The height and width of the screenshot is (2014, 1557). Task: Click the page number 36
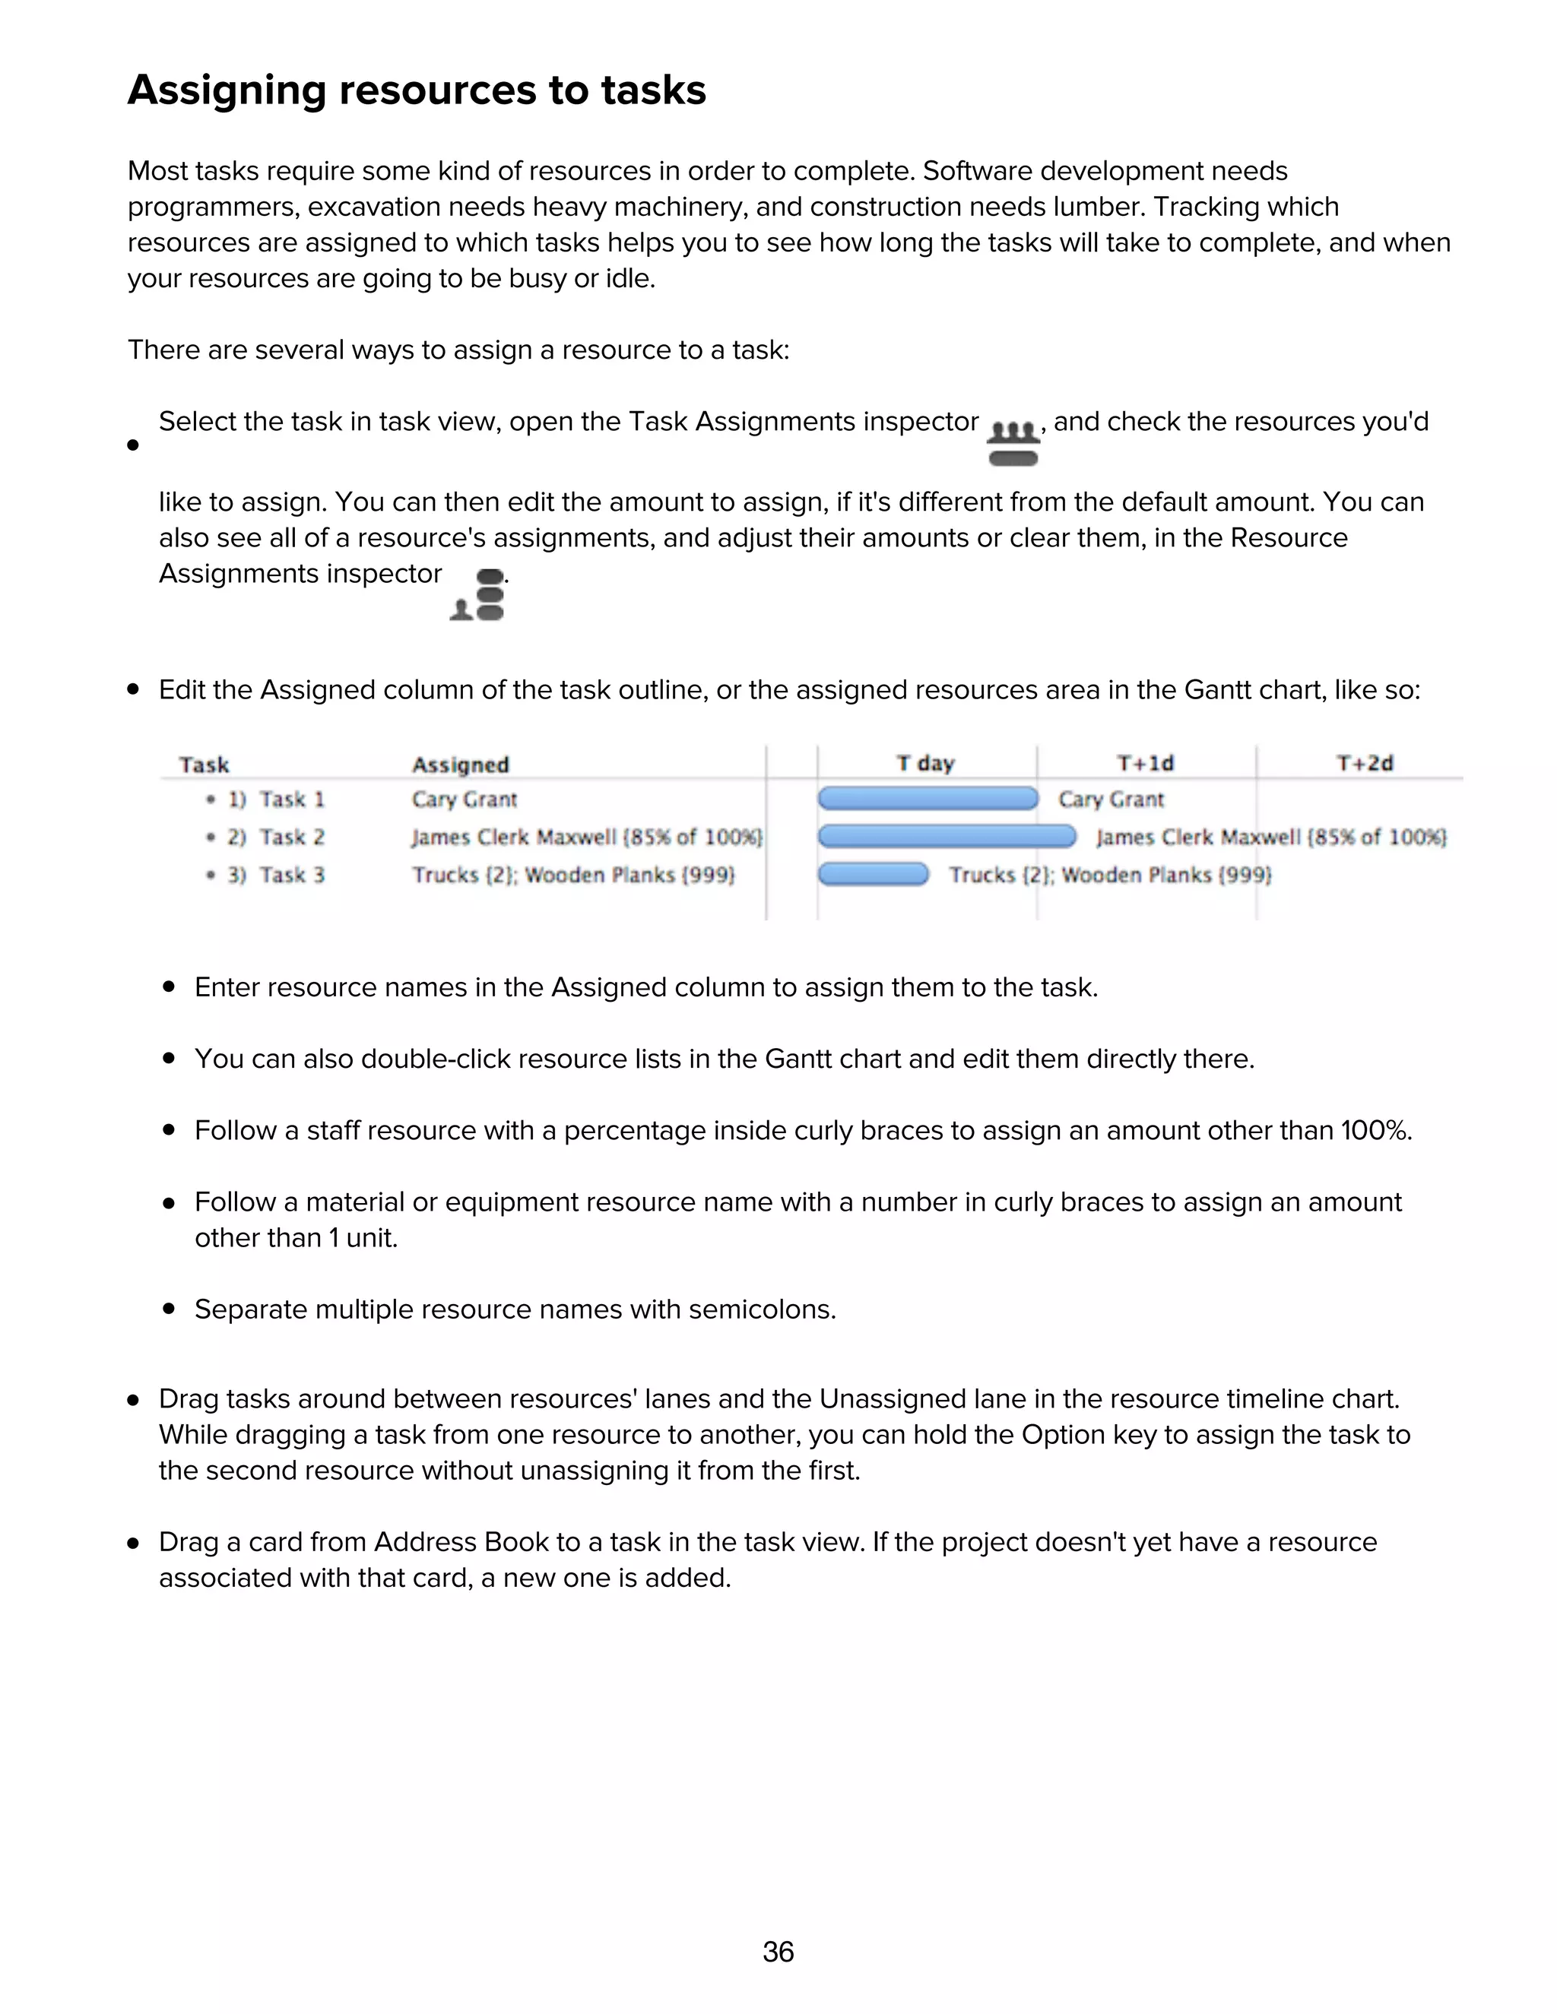coord(778,1951)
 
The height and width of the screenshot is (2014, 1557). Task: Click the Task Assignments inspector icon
coord(1013,442)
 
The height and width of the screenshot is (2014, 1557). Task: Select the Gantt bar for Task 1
coord(928,799)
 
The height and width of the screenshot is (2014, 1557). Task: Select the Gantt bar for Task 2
coord(947,837)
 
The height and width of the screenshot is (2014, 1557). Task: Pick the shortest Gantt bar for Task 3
coord(874,874)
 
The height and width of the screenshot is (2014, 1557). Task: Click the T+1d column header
coord(1145,764)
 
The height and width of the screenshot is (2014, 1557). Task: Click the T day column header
coord(925,764)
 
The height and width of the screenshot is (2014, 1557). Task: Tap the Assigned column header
coord(460,765)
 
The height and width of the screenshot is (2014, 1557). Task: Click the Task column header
coord(204,765)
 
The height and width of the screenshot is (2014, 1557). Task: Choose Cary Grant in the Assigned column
coord(464,800)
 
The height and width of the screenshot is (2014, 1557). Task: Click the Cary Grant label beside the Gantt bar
coord(1111,800)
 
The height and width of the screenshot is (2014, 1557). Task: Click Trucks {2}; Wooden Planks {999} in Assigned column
coord(572,874)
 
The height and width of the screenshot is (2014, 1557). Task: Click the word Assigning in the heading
coord(226,90)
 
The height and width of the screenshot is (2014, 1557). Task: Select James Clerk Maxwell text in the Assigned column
coord(513,838)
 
